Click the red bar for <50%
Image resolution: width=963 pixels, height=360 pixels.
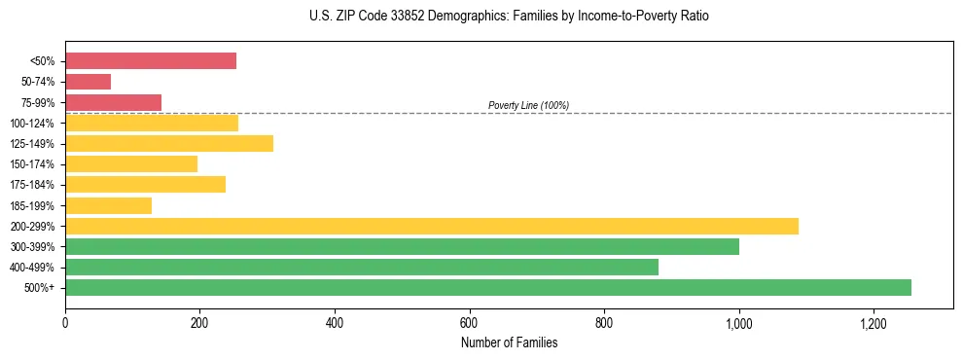(151, 61)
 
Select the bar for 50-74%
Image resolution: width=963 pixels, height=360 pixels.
(89, 82)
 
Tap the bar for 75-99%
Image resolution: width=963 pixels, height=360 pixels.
(113, 102)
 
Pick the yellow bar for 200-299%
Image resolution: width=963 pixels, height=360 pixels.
(432, 226)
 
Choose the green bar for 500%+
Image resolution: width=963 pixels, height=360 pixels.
(488, 287)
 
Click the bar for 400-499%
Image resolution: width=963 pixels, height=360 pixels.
(362, 267)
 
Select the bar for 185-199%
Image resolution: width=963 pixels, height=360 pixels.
(109, 205)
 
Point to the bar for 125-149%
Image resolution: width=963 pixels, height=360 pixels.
(169, 144)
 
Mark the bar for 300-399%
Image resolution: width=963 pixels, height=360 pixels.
(402, 246)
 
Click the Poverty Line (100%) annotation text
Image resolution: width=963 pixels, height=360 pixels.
(528, 105)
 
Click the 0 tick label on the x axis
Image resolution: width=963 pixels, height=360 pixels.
(65, 323)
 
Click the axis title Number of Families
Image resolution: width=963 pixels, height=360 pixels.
(509, 342)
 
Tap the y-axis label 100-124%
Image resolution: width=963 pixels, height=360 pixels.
(32, 124)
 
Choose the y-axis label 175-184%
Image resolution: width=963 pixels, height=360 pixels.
(32, 185)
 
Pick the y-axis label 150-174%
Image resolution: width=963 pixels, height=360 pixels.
(32, 164)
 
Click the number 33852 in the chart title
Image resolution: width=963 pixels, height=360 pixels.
(387, 17)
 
